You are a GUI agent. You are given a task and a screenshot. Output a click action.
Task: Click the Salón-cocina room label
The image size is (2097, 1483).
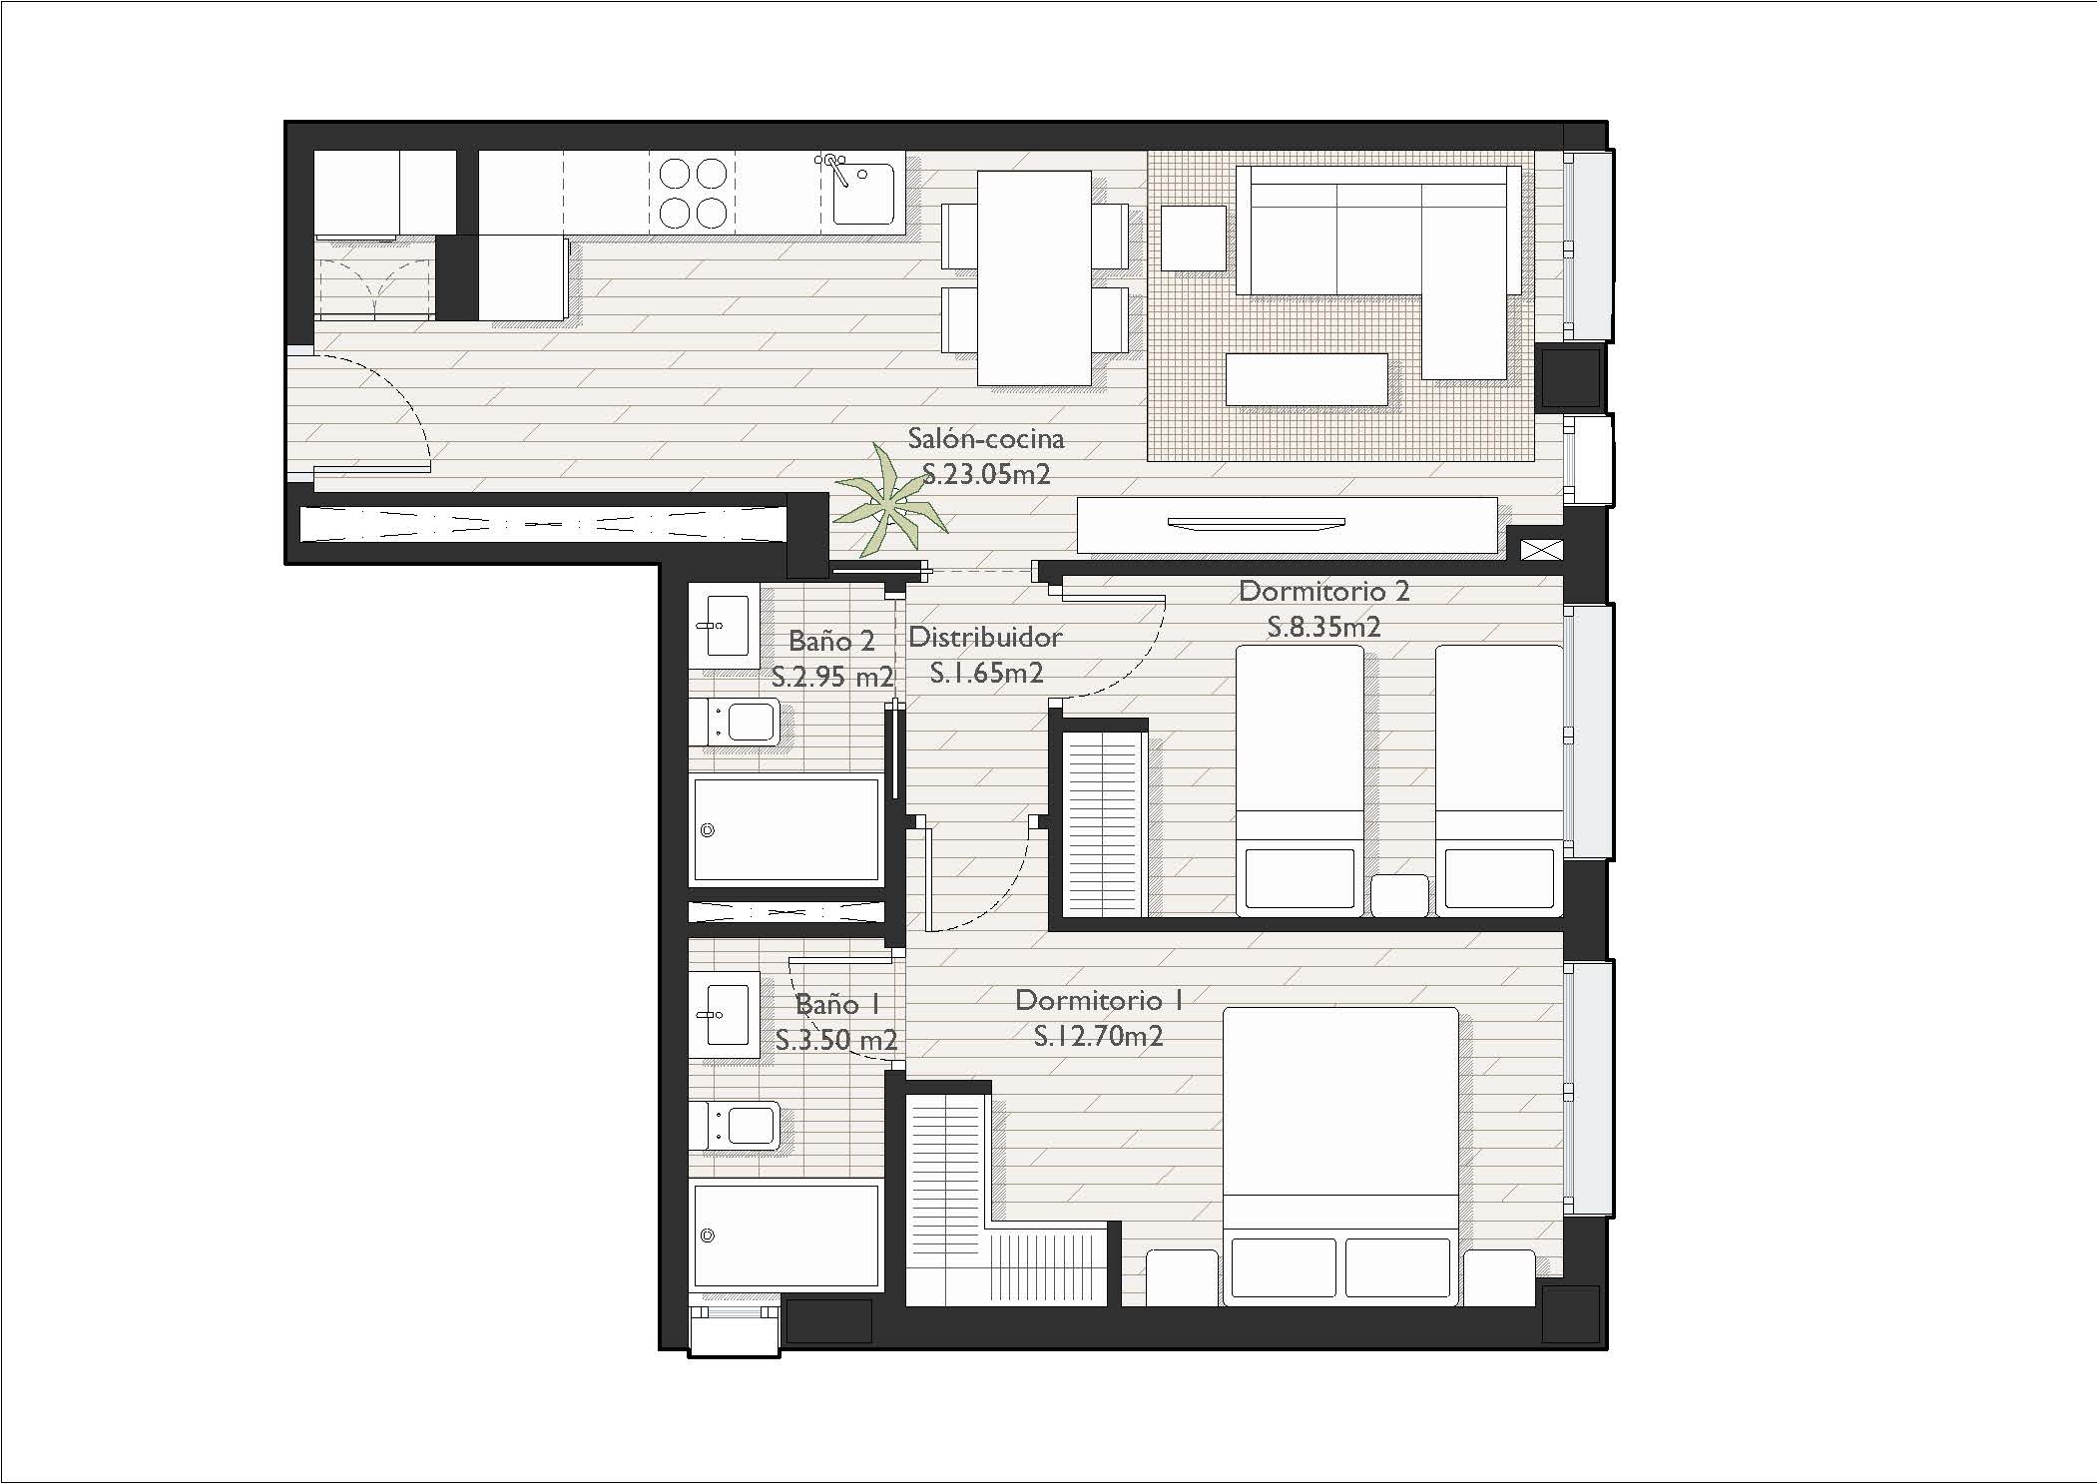pos(985,439)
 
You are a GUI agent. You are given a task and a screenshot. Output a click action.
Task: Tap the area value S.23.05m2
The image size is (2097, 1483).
pos(986,474)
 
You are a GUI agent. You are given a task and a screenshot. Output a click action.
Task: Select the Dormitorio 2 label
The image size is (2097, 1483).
pos(1323,591)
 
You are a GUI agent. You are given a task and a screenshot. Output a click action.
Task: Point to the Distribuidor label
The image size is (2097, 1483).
pos(985,637)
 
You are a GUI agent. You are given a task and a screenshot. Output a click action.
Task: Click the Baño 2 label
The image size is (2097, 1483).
pos(831,641)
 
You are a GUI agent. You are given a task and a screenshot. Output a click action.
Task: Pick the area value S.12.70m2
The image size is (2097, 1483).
pos(1098,1036)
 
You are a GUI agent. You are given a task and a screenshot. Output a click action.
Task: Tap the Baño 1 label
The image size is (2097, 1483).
pos(836,1004)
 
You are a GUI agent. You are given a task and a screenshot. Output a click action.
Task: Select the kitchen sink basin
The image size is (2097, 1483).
pos(862,193)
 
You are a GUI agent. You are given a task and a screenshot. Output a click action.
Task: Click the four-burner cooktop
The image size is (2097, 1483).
pos(693,193)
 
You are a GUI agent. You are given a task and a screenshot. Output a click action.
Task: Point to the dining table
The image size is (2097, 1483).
pos(1033,277)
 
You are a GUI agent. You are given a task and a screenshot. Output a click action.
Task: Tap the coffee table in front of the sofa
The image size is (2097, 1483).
pos(1307,379)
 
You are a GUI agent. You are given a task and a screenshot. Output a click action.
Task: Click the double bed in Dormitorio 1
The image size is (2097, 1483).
pos(1340,1156)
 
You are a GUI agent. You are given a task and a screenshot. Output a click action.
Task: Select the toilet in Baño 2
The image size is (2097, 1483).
pos(743,721)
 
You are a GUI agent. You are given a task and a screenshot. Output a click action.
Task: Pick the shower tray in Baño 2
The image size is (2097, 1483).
pos(786,830)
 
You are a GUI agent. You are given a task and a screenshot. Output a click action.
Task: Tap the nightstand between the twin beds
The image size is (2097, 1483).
pos(1399,895)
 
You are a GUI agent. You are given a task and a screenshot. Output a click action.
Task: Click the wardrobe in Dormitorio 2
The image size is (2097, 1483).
pos(1103,824)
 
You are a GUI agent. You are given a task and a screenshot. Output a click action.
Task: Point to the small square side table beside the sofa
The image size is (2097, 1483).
pos(1194,238)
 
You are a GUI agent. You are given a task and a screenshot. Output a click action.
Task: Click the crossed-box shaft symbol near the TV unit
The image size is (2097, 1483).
pos(1541,549)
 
